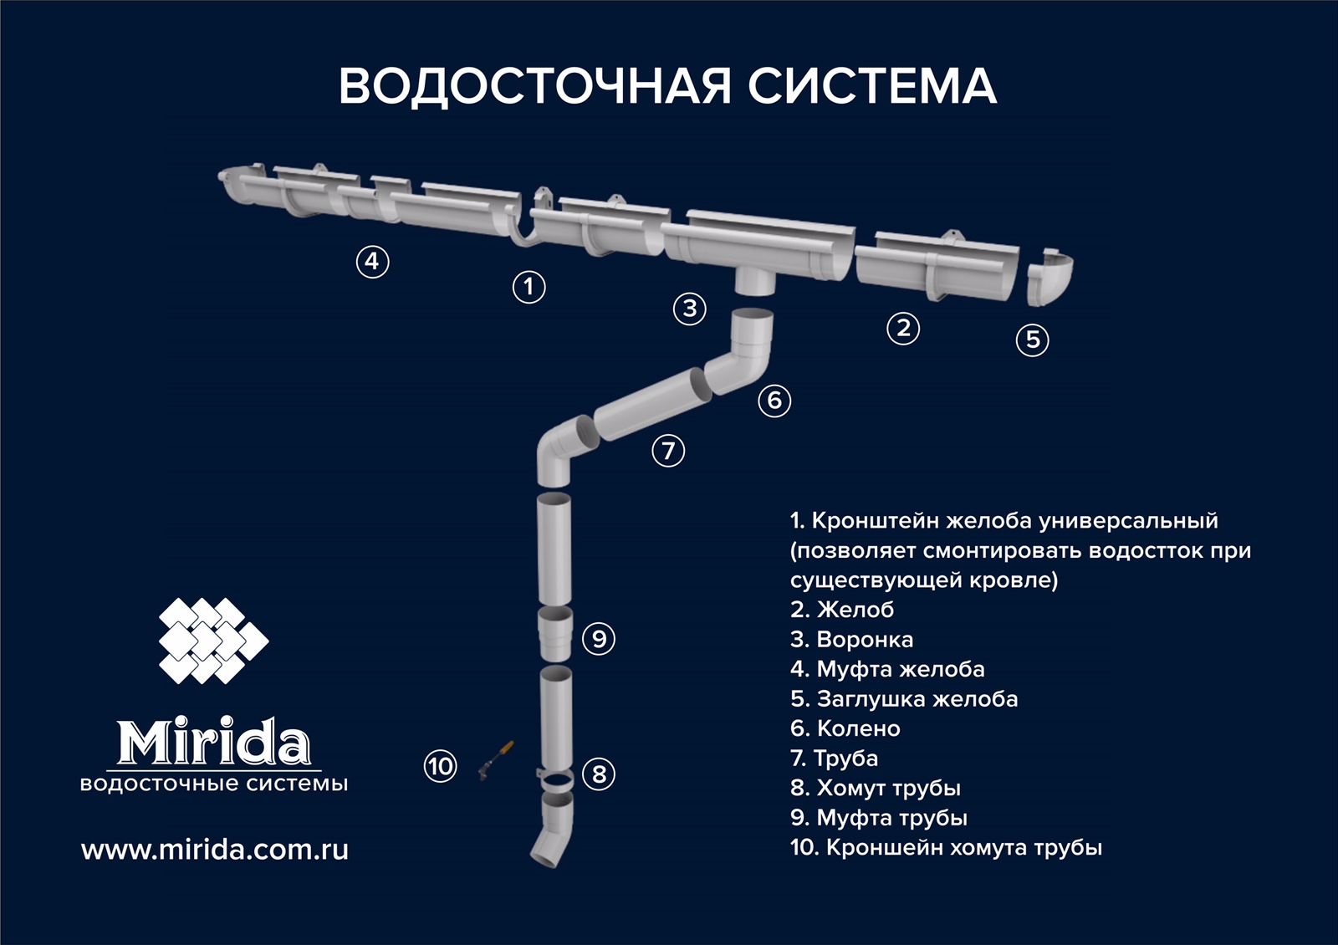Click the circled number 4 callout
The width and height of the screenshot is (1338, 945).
(x=372, y=262)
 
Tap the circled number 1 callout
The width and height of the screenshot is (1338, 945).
(x=529, y=287)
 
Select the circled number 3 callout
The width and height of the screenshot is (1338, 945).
(x=689, y=309)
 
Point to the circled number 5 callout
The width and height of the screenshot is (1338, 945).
(x=1032, y=340)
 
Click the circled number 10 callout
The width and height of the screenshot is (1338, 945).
(x=440, y=766)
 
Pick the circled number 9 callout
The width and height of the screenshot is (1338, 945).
(x=599, y=639)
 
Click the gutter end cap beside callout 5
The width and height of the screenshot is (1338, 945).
(x=1049, y=277)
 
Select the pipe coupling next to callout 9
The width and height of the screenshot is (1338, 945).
(x=555, y=634)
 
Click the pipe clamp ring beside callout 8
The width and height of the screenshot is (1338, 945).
(x=555, y=780)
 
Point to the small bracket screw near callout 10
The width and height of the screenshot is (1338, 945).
(x=496, y=760)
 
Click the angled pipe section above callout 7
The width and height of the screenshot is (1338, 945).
(x=653, y=405)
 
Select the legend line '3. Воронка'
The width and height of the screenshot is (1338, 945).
(x=852, y=639)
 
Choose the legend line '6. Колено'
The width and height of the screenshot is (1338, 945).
(x=845, y=728)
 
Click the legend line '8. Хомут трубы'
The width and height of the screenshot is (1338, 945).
(x=876, y=788)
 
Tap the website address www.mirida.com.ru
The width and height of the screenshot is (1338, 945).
(x=214, y=850)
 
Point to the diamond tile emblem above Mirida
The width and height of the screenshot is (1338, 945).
(x=213, y=641)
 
